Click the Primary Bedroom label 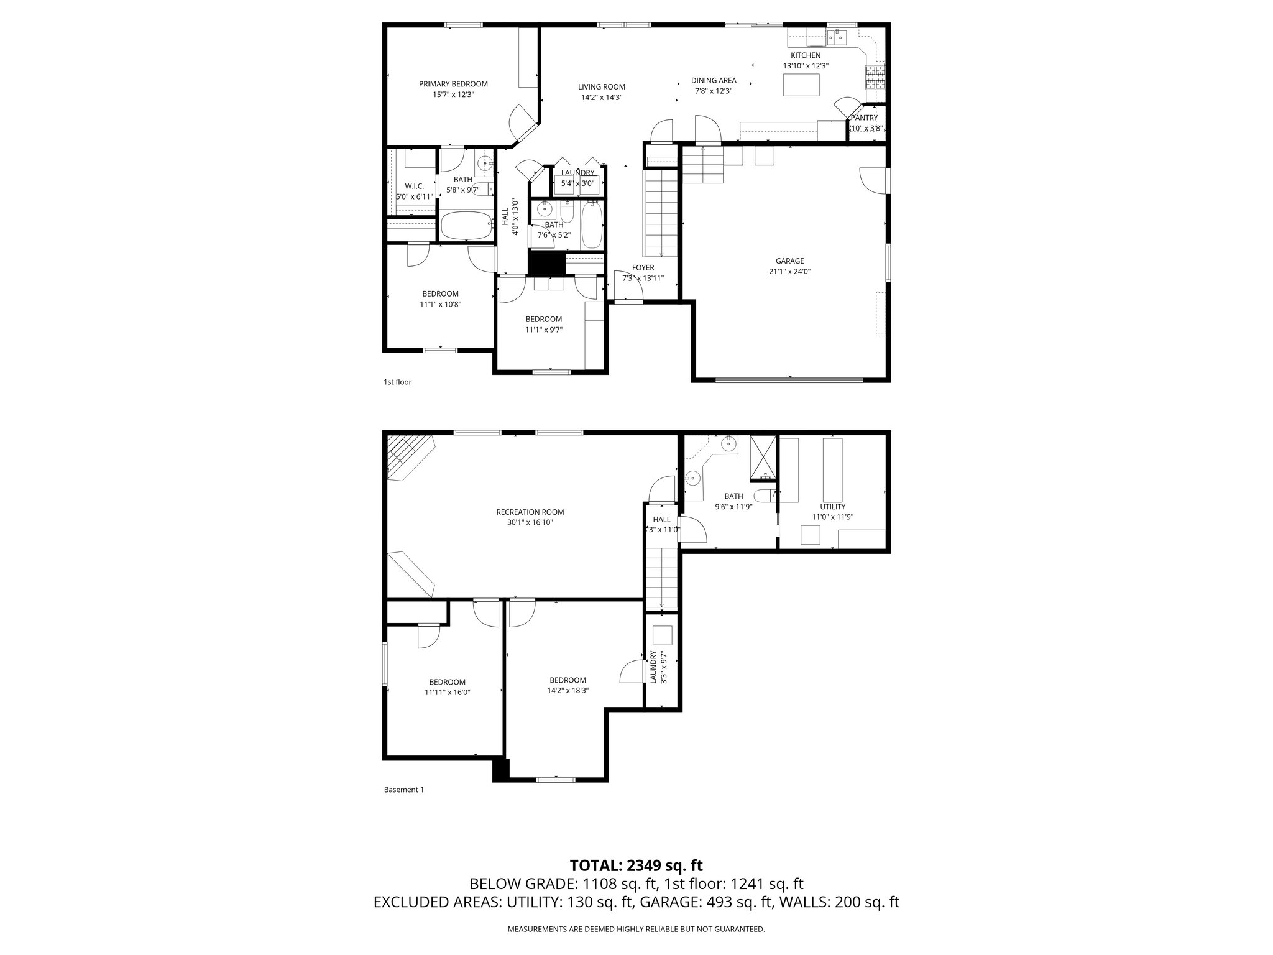coord(453,84)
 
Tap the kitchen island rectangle coord(801,85)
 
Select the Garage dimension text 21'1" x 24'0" coord(789,272)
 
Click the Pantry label coord(864,118)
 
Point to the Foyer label coord(643,268)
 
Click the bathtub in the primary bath coord(465,226)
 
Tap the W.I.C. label coord(414,186)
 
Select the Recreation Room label coord(530,512)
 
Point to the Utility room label coord(832,507)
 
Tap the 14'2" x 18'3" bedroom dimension coord(568,691)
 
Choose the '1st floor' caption coord(397,382)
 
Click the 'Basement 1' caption coord(403,790)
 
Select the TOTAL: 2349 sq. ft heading coord(636,865)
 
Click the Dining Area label coord(714,80)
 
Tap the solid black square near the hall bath coord(546,262)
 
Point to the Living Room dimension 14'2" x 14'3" coord(601,98)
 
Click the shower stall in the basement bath coord(763,458)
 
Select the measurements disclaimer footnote coord(636,930)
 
